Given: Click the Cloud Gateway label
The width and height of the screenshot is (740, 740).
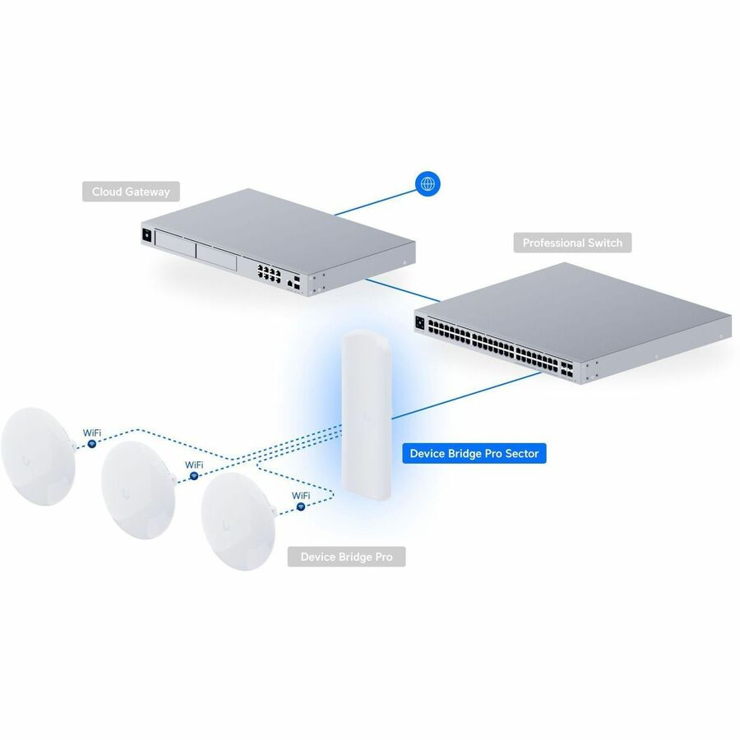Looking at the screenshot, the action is [131, 192].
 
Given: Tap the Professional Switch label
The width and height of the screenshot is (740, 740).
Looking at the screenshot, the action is [572, 243].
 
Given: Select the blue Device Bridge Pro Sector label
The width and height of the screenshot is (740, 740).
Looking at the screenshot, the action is [474, 454].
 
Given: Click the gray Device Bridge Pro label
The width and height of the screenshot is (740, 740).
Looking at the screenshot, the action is [346, 557].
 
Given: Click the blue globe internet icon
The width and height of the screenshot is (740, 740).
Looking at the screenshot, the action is [428, 183].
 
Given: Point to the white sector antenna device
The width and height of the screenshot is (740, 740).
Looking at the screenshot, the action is [367, 415].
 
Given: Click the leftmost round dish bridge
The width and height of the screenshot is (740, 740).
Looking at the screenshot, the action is [38, 456].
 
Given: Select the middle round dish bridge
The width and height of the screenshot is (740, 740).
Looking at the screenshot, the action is [139, 490].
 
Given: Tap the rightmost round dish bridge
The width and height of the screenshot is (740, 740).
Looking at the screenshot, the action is [238, 521].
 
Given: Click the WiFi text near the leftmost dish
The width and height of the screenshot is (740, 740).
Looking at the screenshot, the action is [92, 432].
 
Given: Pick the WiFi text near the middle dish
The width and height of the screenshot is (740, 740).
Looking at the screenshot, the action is [194, 465].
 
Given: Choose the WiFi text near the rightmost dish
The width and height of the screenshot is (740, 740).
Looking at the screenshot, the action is [301, 496].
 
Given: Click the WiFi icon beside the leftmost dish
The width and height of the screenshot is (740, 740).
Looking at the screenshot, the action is [92, 444].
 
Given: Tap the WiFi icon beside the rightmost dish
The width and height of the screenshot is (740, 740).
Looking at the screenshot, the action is [301, 506].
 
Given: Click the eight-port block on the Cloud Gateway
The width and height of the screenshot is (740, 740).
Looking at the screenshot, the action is [269, 273].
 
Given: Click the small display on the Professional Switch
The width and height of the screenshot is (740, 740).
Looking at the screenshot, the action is [419, 324].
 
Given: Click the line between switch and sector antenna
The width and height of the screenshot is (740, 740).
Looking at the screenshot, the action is [466, 395].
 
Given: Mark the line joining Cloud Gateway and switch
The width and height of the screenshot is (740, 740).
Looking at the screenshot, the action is [403, 289].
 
